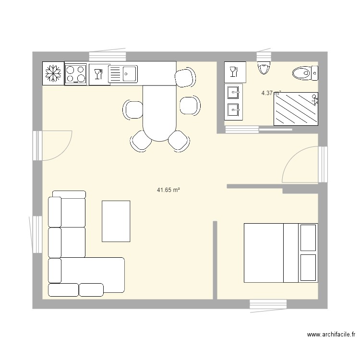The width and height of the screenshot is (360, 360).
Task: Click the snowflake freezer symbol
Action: tap(53, 73)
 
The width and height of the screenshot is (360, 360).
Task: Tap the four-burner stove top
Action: tap(75, 74)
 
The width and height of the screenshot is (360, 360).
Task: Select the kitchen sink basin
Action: tap(129, 74)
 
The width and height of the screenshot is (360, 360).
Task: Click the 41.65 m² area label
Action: tap(168, 190)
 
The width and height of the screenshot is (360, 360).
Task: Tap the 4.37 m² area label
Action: tap(271, 93)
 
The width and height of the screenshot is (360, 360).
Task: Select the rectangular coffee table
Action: tap(116, 221)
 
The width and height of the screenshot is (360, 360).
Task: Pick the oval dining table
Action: tap(160, 113)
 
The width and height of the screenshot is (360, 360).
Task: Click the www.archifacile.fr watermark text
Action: tap(331, 335)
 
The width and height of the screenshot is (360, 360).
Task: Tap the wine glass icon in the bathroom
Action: tap(234, 72)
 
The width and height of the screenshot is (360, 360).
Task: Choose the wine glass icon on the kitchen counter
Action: tap(98, 74)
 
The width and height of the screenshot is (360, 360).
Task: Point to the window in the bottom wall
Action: tap(268, 304)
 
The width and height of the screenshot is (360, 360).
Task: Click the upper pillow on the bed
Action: tap(308, 238)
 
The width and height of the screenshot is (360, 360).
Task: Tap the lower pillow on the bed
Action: tap(308, 267)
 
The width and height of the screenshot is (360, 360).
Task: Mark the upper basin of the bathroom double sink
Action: tap(234, 91)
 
